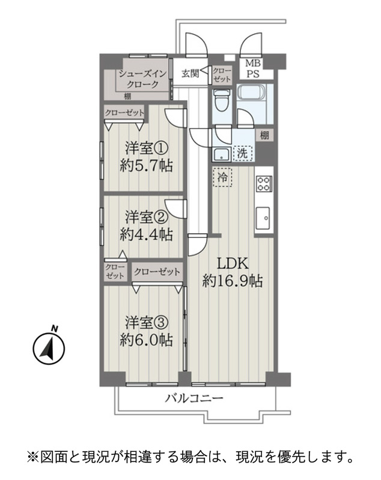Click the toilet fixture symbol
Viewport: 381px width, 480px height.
[221, 100]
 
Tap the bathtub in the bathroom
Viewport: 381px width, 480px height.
[251, 92]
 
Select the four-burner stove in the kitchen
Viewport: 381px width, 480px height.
[264, 184]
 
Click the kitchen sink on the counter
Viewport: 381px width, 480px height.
[263, 218]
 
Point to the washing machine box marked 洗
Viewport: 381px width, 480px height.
[242, 154]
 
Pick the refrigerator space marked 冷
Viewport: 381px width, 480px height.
[222, 177]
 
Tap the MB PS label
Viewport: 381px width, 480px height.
[253, 69]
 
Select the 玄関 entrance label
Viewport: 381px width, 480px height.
[190, 73]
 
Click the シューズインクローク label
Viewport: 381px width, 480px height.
[142, 79]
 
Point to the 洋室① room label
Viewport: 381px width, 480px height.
[147, 149]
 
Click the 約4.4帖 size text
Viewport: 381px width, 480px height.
[146, 235]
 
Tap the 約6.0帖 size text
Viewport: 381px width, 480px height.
[146, 340]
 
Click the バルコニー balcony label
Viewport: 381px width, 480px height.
[194, 398]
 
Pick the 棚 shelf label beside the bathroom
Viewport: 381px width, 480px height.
[264, 135]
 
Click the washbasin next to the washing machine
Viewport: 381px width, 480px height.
[221, 154]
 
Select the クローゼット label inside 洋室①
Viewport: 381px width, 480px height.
[124, 113]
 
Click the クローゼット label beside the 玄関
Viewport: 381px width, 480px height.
[222, 74]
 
